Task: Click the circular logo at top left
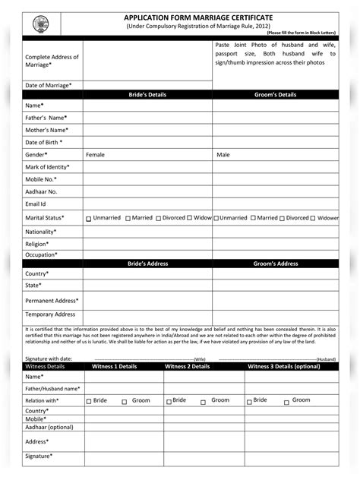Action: [39, 25]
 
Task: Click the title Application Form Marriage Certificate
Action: [198, 17]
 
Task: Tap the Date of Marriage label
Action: [49, 85]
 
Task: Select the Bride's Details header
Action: [147, 95]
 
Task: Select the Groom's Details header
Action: [275, 95]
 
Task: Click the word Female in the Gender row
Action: [96, 154]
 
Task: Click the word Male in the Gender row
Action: [223, 154]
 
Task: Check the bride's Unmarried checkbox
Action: [89, 219]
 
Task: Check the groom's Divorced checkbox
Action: [281, 219]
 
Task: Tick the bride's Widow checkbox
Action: [190, 219]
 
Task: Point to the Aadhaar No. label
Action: [41, 191]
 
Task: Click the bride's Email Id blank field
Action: [147, 204]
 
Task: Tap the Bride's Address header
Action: [147, 264]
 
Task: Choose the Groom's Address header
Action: [276, 264]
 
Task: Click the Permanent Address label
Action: [51, 301]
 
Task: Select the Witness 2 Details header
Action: [188, 366]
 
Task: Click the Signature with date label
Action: [49, 358]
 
